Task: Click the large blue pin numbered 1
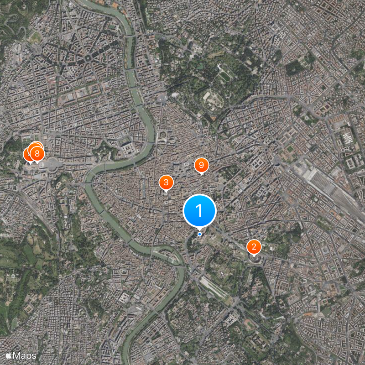coord(199,210)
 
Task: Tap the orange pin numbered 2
coord(254,247)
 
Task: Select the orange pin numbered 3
coord(166,182)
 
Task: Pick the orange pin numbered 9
coord(201,165)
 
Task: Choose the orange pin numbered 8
coord(36,153)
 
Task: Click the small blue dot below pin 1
coord(199,234)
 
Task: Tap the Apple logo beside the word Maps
coord(9,355)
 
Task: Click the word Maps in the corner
coord(25,355)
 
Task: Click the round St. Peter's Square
coord(54,163)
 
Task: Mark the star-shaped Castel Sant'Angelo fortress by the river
coord(106,151)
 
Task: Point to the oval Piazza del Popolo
coord(162,98)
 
